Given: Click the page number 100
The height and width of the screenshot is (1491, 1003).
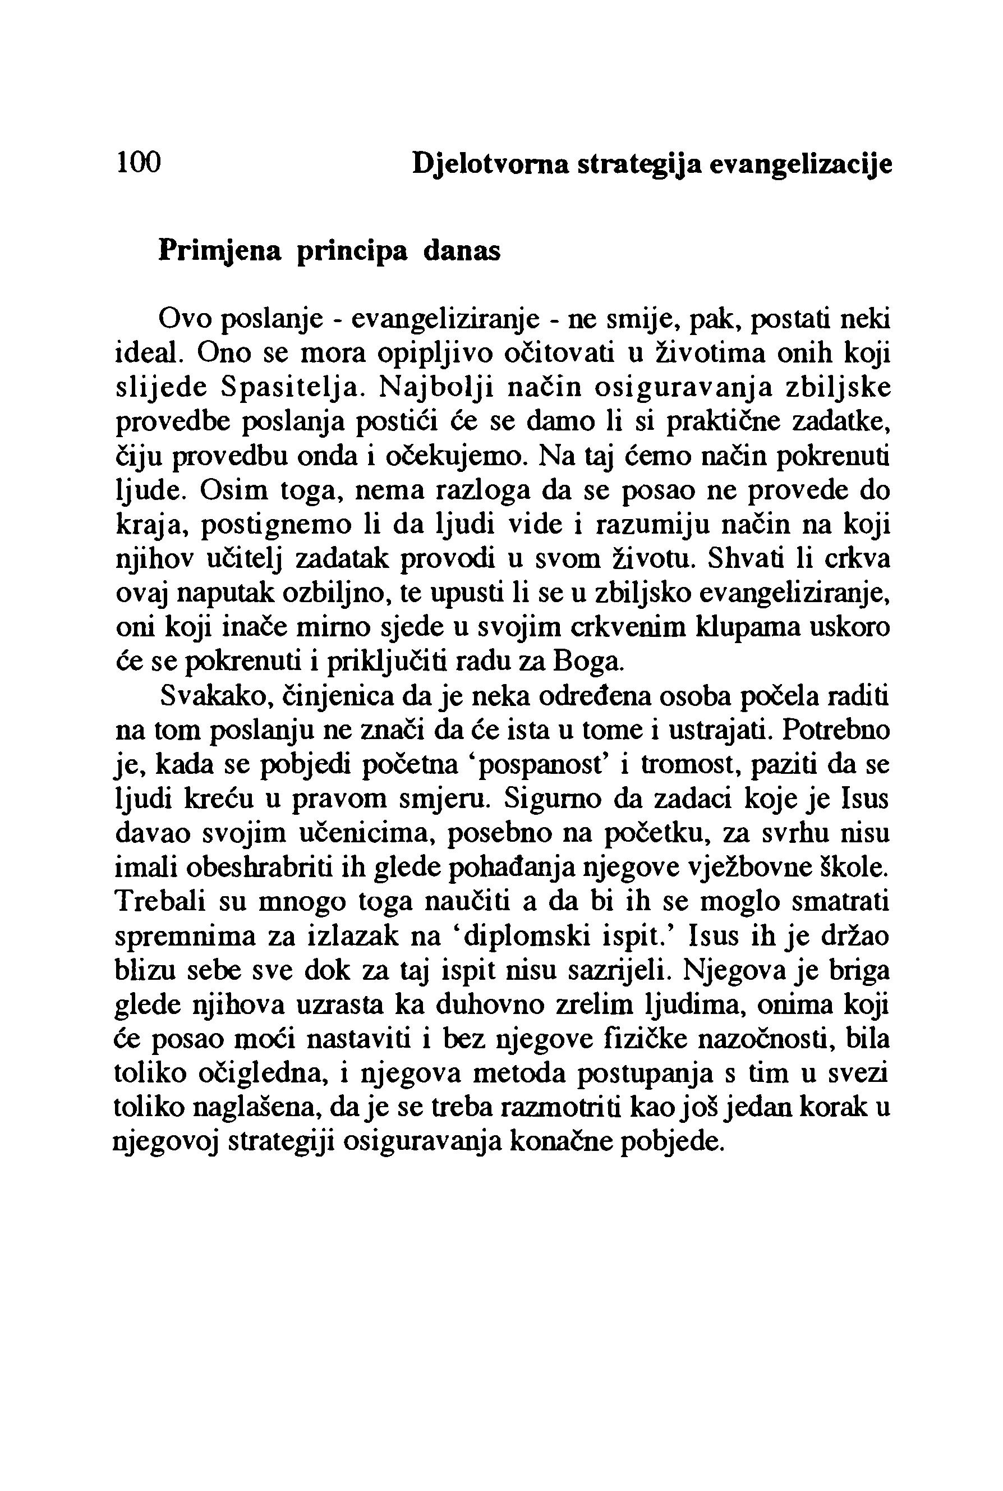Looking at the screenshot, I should click(138, 163).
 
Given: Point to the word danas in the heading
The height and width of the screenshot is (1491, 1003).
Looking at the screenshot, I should click(462, 250).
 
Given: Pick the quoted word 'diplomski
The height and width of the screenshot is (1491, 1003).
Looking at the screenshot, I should click(521, 938).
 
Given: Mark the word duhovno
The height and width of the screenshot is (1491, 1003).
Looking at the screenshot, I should click(489, 1007).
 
